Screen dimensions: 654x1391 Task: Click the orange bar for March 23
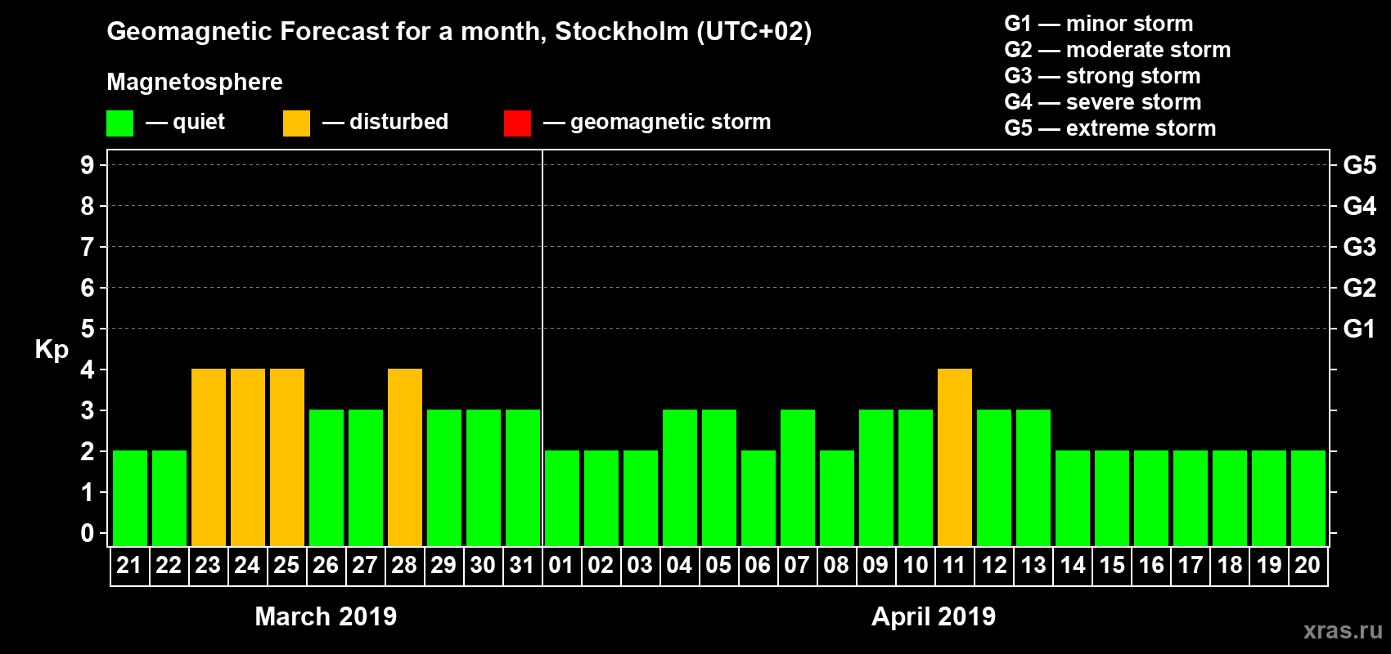point(209,457)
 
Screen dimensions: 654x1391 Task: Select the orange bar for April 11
point(955,457)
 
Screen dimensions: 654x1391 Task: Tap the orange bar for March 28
point(405,457)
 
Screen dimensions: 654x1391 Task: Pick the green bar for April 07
point(798,477)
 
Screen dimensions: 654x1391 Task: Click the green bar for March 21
point(130,498)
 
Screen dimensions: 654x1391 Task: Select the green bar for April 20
point(1308,498)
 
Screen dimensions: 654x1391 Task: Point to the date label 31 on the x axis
point(522,565)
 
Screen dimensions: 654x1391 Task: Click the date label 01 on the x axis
point(561,565)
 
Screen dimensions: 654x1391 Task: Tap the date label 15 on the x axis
point(1112,565)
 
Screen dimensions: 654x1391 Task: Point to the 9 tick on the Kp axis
point(88,165)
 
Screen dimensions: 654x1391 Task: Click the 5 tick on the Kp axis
point(88,329)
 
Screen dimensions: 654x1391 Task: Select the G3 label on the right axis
point(1359,247)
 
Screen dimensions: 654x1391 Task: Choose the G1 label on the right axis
point(1359,329)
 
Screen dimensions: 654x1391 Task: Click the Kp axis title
point(52,350)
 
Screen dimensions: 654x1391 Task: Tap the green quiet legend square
point(120,123)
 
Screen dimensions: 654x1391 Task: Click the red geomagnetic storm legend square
point(517,123)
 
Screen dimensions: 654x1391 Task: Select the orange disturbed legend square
point(296,123)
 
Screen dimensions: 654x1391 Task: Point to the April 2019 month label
point(934,616)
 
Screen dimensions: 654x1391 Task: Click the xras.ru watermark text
point(1343,630)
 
